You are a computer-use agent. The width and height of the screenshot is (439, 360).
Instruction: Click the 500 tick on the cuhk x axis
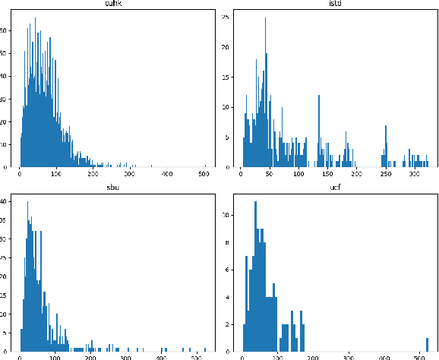point(205,175)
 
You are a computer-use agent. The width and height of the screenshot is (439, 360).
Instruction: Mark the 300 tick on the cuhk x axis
point(131,175)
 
